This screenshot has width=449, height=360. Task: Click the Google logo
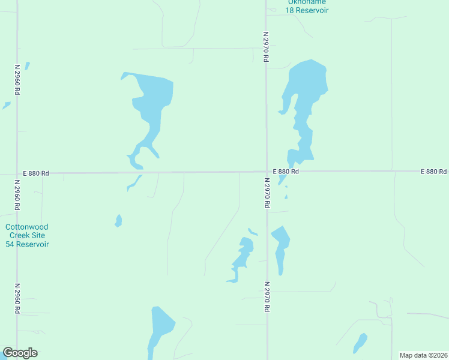[20, 352]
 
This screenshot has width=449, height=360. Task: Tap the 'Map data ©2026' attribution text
[423, 355]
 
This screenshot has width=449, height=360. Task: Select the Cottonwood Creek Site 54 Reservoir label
[27, 235]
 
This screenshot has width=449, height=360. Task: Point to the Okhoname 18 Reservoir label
[306, 6]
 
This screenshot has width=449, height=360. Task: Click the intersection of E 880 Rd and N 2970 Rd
[267, 172]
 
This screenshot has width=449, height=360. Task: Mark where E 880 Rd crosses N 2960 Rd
[17, 173]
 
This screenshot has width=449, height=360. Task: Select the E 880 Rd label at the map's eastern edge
[434, 172]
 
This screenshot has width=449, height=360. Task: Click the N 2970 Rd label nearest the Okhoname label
[265, 47]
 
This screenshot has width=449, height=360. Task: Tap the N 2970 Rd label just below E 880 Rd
[265, 192]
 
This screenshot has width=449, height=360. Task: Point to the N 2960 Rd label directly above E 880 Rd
[17, 80]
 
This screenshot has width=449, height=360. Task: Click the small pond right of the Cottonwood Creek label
[119, 221]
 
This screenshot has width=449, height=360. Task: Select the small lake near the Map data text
[360, 343]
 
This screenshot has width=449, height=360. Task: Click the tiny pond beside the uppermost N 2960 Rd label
[27, 65]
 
